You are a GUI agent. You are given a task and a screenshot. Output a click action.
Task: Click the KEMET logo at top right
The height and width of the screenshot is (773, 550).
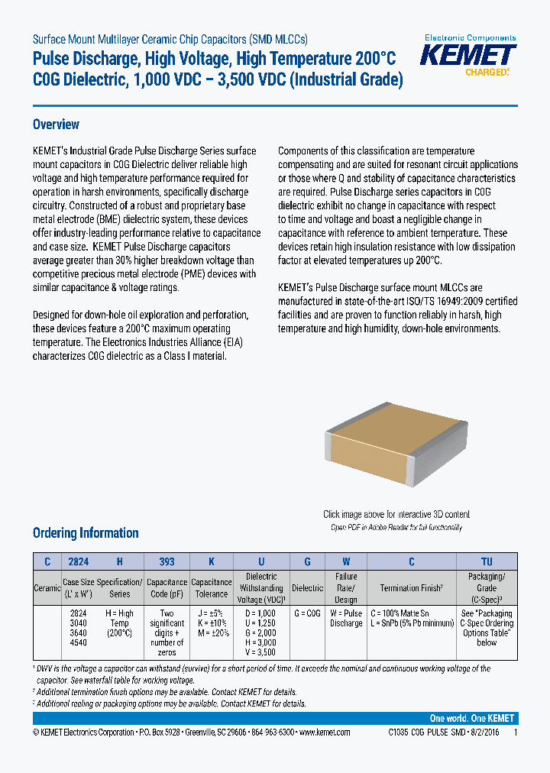coord(469,55)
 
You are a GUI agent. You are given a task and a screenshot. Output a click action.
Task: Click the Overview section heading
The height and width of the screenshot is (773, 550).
coord(56,125)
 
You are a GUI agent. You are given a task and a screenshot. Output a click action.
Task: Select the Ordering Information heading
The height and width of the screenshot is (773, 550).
coord(86,533)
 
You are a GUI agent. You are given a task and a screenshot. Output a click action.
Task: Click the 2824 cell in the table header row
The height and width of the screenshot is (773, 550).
coord(79,561)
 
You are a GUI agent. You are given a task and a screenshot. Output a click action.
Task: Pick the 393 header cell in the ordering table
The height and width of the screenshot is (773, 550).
coord(167,561)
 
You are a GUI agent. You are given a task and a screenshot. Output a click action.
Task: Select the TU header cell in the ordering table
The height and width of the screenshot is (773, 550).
coord(487,561)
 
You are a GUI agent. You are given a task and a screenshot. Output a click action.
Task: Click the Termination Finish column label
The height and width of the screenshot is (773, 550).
coord(411,588)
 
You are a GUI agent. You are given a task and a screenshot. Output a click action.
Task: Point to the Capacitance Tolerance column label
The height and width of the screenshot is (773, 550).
coord(211,588)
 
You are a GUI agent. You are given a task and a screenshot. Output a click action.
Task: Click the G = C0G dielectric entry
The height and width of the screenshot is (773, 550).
coord(308,613)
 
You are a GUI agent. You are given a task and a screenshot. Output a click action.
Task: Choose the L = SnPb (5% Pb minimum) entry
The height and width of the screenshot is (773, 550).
coord(411,623)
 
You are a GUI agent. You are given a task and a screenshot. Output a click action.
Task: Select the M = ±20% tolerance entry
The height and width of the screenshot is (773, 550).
coord(211,633)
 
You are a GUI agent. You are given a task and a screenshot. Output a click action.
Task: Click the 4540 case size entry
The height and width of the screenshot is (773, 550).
coord(79,643)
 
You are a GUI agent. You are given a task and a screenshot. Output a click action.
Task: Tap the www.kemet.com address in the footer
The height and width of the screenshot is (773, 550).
coord(325,732)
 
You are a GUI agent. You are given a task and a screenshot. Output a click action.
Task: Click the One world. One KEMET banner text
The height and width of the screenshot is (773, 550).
coord(472,719)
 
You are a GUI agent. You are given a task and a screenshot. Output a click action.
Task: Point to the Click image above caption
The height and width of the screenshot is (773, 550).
coord(396,515)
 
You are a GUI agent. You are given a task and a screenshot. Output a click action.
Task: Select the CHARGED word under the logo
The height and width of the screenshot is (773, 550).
coord(486,73)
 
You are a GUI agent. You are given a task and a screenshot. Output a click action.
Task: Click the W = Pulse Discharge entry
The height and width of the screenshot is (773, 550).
coord(345,618)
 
